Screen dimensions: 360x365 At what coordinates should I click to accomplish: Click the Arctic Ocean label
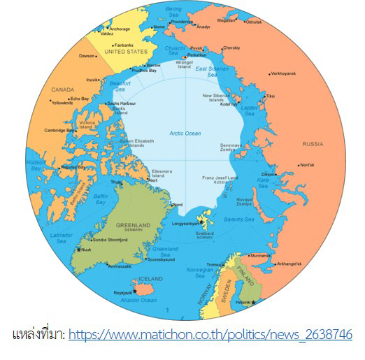click(185, 133)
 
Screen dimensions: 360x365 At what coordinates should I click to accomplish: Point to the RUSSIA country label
click(313, 144)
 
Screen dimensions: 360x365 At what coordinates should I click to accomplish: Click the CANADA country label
click(63, 89)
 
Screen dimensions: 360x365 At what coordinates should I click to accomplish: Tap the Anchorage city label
click(120, 29)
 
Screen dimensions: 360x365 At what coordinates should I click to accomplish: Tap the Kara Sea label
click(264, 182)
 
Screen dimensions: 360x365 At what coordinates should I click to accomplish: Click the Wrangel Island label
click(184, 64)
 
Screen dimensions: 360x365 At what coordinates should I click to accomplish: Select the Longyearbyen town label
click(185, 223)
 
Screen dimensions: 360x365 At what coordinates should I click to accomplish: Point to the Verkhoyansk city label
click(284, 73)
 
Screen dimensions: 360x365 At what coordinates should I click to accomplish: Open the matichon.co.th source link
click(210, 334)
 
